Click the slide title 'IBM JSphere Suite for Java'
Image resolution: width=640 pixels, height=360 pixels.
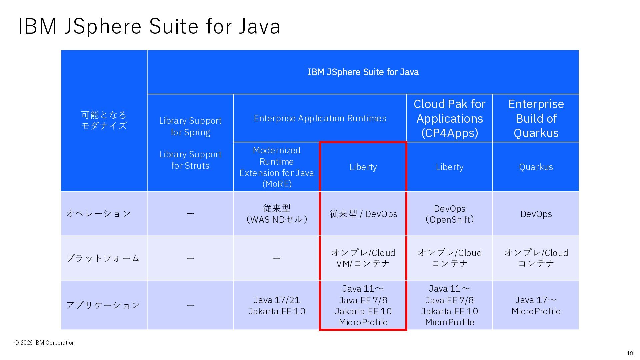point(149,26)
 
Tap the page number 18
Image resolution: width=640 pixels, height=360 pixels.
point(630,353)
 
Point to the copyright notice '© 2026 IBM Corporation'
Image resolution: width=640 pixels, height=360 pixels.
point(44,343)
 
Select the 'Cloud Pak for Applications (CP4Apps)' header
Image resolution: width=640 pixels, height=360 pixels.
point(449,118)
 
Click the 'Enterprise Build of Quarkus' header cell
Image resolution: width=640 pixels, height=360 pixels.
point(536,118)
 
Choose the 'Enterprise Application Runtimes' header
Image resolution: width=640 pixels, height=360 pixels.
point(320,118)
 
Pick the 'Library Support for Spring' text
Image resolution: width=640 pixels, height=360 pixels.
point(190,126)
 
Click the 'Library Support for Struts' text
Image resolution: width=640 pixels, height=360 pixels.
point(190,160)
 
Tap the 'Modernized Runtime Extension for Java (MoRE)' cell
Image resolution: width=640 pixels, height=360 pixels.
point(277,167)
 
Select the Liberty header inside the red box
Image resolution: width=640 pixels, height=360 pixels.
point(363,167)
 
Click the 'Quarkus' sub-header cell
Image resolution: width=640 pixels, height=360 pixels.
point(536,167)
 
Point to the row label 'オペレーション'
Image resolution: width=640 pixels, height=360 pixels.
point(99,213)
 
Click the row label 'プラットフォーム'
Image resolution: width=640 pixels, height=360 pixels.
point(103,258)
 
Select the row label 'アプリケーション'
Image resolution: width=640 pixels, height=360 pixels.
point(103,305)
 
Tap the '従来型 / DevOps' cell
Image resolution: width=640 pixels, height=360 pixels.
point(363,214)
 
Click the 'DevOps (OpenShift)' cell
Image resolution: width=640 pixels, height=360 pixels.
point(449,214)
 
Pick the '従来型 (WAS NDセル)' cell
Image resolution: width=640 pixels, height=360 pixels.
point(277,214)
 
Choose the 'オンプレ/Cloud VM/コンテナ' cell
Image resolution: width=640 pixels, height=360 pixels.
point(363,258)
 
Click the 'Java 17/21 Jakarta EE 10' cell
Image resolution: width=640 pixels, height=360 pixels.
point(277,305)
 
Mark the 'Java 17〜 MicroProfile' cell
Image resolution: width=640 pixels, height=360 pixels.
point(536,305)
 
